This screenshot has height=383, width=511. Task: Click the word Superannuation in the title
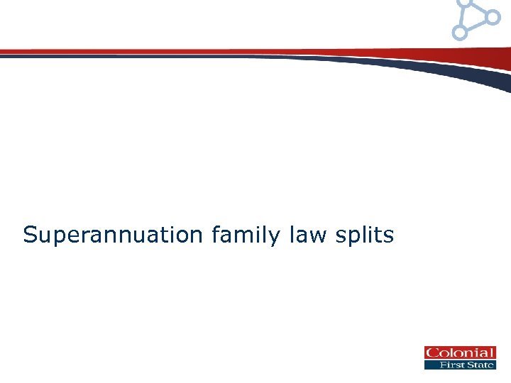tap(113, 235)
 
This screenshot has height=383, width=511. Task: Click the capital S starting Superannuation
tap(29, 235)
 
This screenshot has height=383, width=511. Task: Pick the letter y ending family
tap(275, 237)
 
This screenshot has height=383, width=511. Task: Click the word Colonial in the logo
tap(459, 353)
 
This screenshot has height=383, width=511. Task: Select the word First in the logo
tap(449, 365)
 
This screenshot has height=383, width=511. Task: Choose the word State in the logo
tap(480, 365)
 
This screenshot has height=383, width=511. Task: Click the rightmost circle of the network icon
tap(493, 16)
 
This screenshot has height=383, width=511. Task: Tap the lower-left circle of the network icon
tap(460, 32)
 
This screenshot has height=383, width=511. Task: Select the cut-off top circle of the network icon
tap(466, 2)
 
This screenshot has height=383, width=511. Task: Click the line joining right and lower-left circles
tap(476, 24)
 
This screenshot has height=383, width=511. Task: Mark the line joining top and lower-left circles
tap(463, 17)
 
